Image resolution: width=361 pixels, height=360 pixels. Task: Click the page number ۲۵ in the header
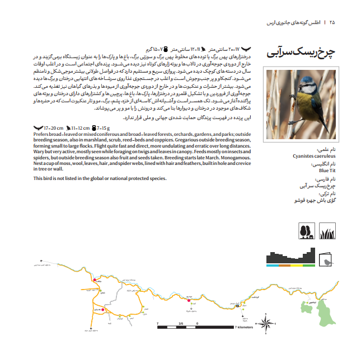pos(332,23)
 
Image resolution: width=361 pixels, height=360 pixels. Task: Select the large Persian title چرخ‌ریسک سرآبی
pos(301,53)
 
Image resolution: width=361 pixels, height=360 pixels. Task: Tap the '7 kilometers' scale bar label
pos(244,328)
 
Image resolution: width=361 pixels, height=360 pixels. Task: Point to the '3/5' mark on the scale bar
pos(181,323)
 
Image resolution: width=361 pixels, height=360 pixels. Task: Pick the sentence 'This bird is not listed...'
pos(100,178)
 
